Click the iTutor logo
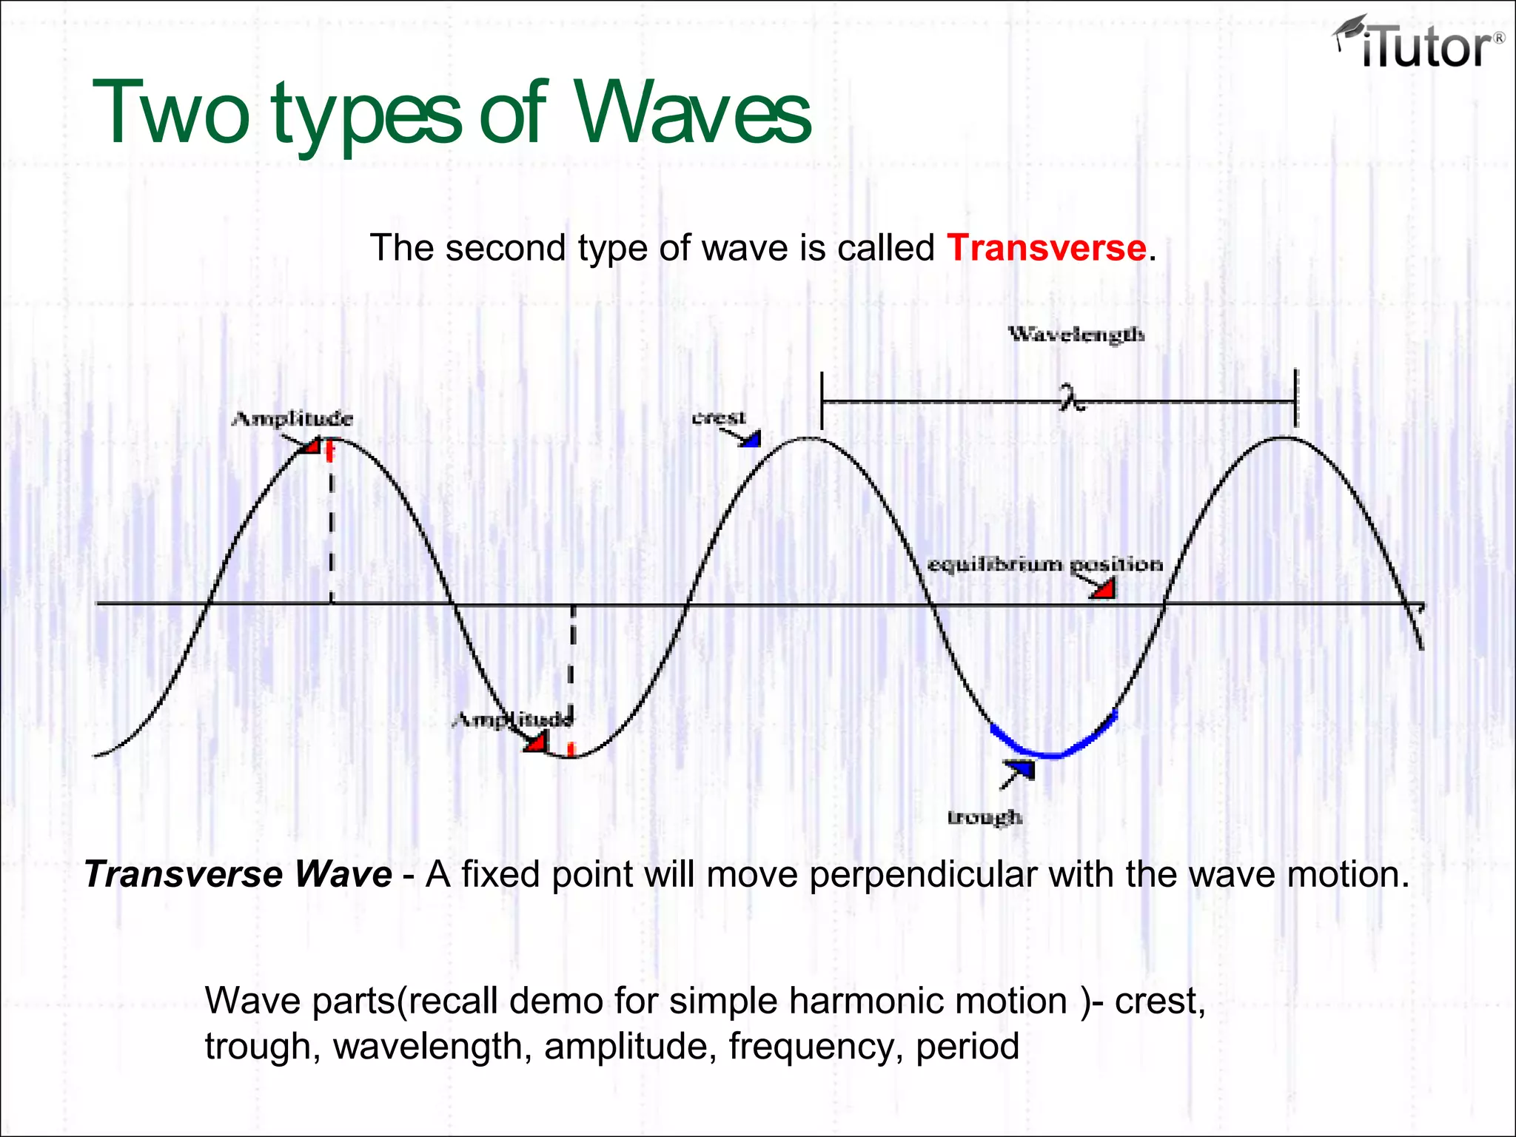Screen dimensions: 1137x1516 click(1418, 44)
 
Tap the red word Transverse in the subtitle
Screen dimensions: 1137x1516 click(1047, 247)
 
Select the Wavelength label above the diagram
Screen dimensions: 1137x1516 click(1076, 335)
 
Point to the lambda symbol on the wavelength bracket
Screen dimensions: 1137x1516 click(1070, 398)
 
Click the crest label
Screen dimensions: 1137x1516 click(719, 417)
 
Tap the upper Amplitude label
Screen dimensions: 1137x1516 click(292, 419)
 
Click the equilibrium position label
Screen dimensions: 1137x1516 click(1044, 565)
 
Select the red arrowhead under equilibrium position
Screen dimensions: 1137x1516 click(1104, 590)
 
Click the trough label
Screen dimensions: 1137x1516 click(985, 817)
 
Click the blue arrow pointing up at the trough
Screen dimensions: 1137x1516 click(1020, 771)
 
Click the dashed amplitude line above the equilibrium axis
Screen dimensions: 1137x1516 click(332, 526)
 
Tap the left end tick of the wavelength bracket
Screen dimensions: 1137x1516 click(822, 400)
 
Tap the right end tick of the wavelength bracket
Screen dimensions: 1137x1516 click(1295, 399)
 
